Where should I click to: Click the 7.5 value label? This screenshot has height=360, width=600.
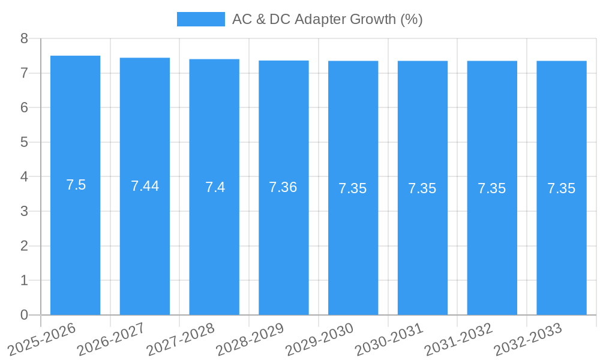(76, 185)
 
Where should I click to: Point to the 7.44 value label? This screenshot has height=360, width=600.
(145, 186)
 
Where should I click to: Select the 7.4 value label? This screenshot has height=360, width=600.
(215, 187)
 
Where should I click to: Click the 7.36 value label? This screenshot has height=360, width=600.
(283, 187)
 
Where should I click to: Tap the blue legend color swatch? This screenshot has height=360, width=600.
(200, 19)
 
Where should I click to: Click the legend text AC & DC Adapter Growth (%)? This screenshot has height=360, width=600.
(327, 19)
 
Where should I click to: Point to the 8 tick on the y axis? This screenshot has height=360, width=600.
(25, 38)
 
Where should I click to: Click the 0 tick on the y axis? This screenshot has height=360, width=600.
(25, 315)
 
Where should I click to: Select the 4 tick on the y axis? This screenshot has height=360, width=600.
(25, 177)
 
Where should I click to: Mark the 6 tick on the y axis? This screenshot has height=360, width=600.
(25, 108)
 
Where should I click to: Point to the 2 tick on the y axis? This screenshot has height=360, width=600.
(25, 246)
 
